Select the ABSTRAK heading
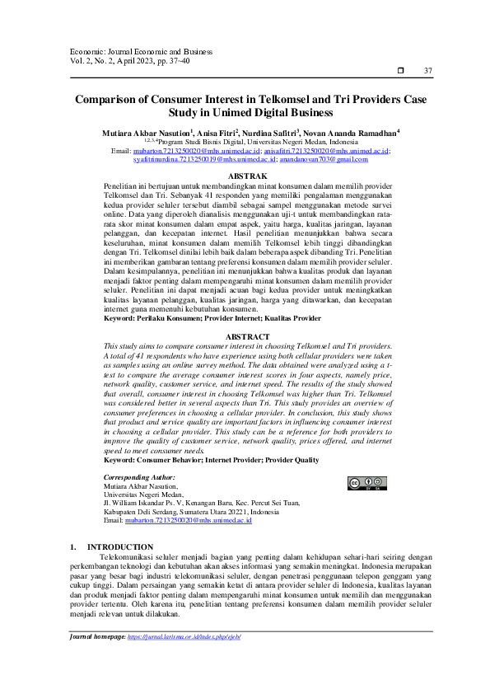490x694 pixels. (x=246, y=177)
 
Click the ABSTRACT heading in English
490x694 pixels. (x=246, y=336)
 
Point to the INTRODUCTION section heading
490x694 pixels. (x=119, y=547)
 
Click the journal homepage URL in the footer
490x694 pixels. (x=184, y=637)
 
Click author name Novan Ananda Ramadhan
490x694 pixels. (x=349, y=132)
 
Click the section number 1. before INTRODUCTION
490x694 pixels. (x=73, y=547)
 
